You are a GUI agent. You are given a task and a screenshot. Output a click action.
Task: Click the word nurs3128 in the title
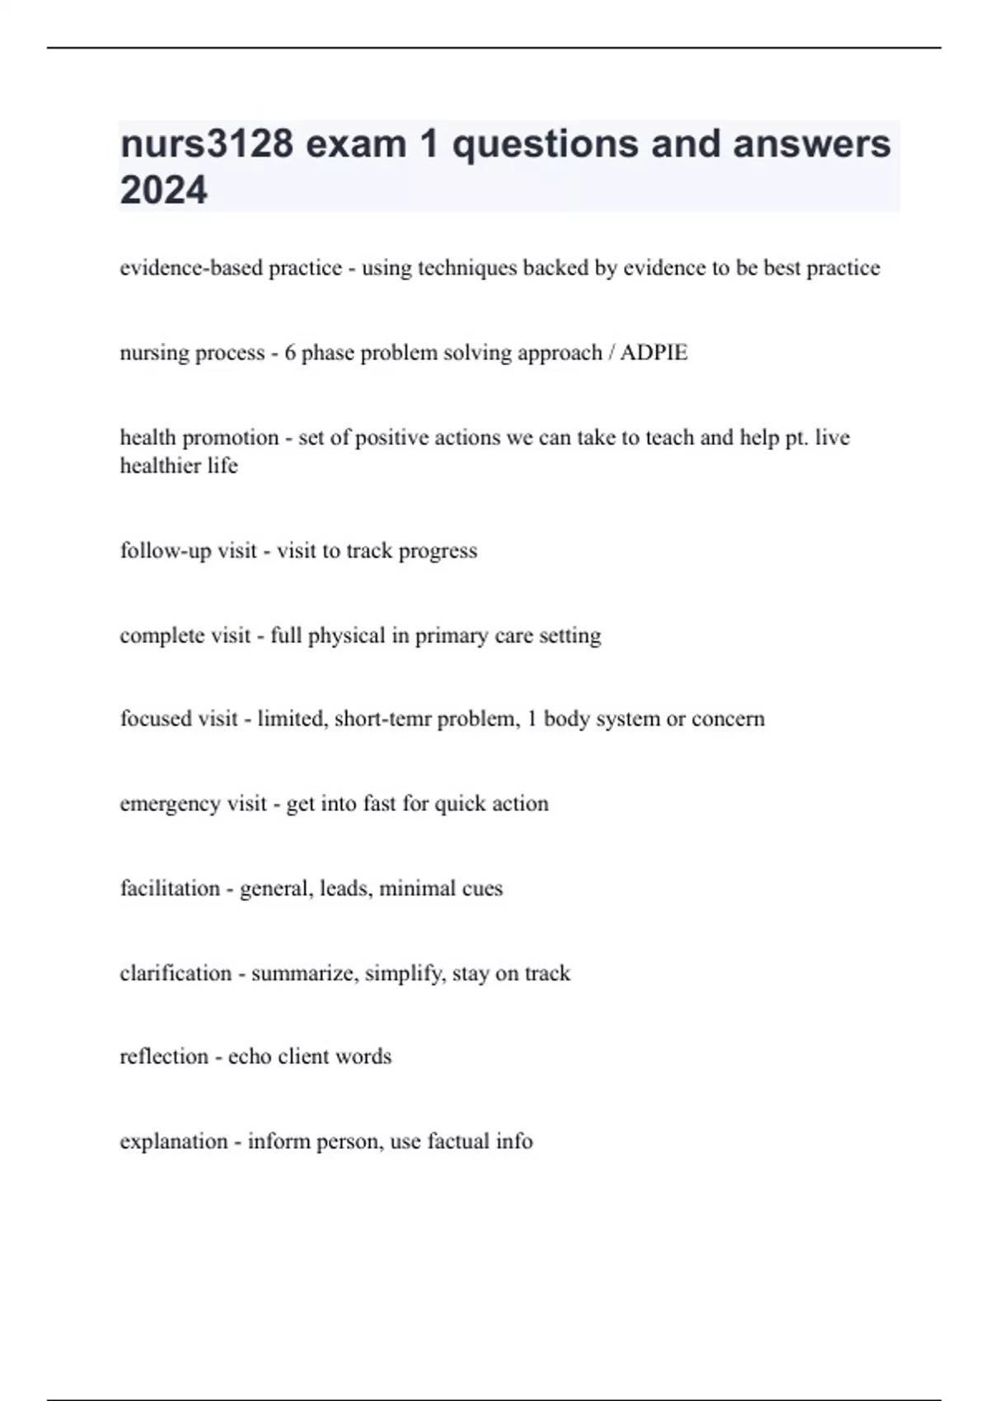207,144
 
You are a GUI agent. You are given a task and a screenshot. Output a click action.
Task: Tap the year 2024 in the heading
164,190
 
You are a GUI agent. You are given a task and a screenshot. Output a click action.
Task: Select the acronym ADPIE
654,353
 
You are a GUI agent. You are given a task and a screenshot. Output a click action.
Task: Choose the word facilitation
170,888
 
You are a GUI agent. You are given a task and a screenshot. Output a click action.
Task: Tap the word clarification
176,973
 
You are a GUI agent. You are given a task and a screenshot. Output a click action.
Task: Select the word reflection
164,1057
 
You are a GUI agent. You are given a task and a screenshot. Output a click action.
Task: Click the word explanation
173,1141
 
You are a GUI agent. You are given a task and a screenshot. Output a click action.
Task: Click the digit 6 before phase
290,353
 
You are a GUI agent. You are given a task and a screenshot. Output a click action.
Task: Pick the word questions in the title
546,144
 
